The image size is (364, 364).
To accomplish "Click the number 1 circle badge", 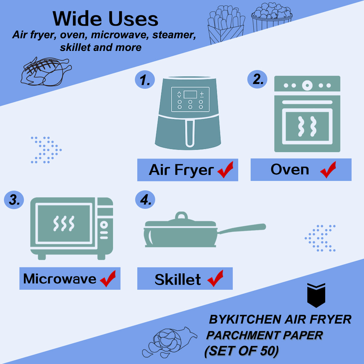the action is [145, 79].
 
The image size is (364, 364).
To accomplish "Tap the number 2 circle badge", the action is [257, 79].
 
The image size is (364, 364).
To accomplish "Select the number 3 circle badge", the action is [14, 200].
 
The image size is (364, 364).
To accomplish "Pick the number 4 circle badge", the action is [145, 199].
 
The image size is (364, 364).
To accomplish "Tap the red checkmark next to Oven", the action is [328, 170].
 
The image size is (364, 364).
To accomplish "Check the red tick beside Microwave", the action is [108, 279].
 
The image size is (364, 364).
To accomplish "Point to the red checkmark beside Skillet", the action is [215, 279].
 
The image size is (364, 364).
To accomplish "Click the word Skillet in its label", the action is [178, 279].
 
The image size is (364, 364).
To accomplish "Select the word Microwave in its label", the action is [60, 279].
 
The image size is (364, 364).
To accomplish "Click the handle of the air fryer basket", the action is [190, 133].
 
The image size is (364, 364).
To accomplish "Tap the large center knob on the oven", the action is [307, 85].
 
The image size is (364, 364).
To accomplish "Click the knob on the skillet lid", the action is [181, 216].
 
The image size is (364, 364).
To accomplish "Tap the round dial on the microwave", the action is [104, 225].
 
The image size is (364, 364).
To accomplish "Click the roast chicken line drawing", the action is [46, 72].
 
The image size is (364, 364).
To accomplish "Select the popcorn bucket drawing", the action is [272, 17].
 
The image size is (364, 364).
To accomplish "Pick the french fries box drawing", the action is [226, 25].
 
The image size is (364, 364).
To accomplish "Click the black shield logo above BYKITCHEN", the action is [316, 295].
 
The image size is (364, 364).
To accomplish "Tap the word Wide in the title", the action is [78, 19].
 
